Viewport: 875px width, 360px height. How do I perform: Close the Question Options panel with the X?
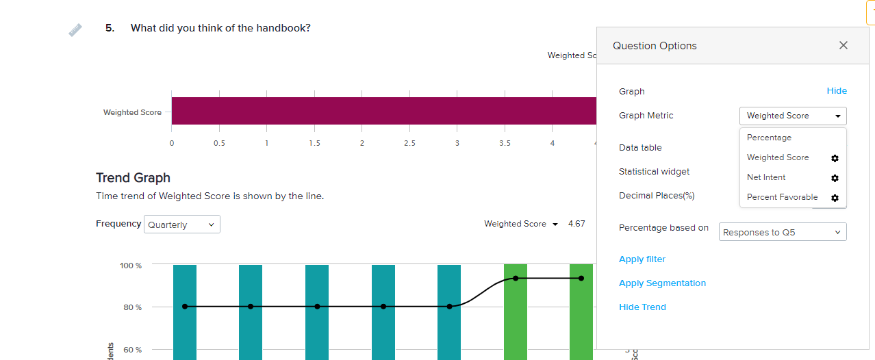coord(843,45)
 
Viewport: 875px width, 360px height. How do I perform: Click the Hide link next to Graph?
coord(837,91)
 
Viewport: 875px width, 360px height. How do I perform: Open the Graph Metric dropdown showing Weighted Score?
coord(793,116)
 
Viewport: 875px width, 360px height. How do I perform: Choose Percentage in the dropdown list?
coord(769,138)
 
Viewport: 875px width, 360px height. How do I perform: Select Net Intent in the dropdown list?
coord(766,177)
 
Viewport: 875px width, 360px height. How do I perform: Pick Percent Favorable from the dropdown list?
coord(782,197)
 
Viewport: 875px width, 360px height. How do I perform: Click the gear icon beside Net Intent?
coord(835,178)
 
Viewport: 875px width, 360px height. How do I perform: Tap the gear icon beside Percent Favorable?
coord(835,198)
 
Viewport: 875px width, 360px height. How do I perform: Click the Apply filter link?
coord(642,259)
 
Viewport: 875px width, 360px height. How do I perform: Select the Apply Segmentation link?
coord(662,283)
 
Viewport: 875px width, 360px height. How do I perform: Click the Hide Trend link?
coord(642,307)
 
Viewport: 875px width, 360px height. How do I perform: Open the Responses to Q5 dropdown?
coord(783,232)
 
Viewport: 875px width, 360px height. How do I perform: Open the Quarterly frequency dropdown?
coord(182,224)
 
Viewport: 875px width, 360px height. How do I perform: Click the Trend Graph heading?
coord(133,178)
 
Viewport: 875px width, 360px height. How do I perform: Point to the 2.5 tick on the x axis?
coord(409,143)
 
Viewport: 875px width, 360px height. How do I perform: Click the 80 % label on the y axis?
coord(133,307)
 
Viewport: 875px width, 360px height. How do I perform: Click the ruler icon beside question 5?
coord(75,30)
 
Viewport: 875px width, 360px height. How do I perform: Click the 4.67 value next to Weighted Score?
coord(576,224)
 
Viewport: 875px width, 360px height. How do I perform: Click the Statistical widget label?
coord(654,172)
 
